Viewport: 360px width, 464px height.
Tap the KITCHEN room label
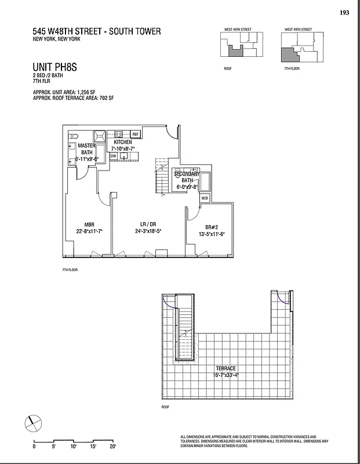tap(122, 142)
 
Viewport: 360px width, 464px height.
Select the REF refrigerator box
tap(136, 134)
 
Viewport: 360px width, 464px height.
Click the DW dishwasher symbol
tap(114, 156)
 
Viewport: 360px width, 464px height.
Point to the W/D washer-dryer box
tap(204, 198)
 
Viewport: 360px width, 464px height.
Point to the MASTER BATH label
tap(87, 149)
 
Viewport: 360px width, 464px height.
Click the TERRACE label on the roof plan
tap(226, 368)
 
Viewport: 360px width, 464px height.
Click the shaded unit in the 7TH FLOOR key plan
tap(290, 55)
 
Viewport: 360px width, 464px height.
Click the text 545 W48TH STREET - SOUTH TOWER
tap(97, 31)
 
